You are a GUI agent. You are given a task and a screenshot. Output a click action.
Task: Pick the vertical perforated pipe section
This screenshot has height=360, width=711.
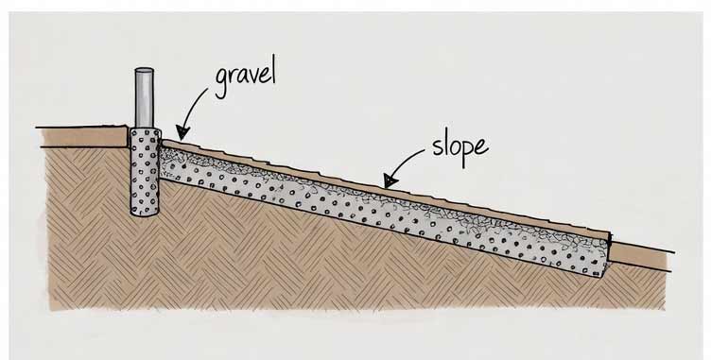tap(146, 170)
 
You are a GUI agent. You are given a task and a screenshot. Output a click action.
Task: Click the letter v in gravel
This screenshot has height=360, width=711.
tap(250, 77)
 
